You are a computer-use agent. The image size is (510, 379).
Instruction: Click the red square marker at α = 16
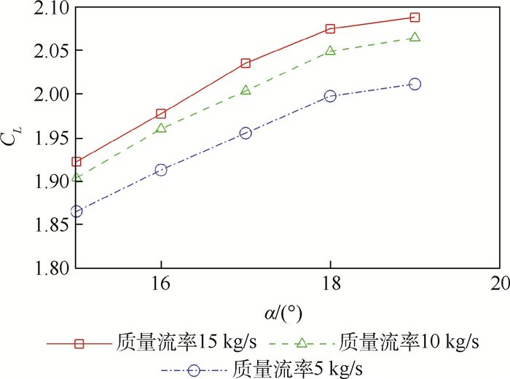(x=161, y=114)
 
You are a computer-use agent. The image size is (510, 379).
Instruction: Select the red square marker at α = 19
(x=415, y=17)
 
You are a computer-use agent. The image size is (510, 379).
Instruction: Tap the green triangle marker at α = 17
(x=246, y=90)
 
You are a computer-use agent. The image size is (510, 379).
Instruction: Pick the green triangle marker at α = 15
(x=76, y=177)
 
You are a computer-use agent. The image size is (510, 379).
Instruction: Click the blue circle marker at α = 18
(x=330, y=95)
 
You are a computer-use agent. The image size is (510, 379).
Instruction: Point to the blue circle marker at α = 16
(x=161, y=170)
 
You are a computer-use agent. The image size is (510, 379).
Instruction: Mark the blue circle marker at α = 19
(x=415, y=84)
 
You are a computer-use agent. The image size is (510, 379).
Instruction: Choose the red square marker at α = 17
(x=246, y=63)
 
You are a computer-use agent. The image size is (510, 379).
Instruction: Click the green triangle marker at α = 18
(x=330, y=50)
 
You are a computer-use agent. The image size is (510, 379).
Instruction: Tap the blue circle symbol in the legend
(x=194, y=369)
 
